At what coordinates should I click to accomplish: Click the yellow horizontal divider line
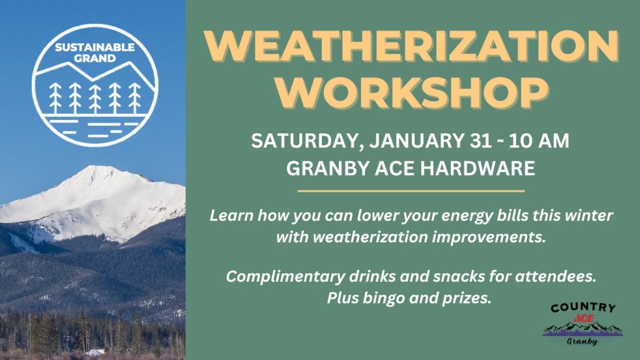[411, 191]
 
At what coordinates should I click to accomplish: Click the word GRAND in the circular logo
[94, 59]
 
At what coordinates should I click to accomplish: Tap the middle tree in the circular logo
[95, 98]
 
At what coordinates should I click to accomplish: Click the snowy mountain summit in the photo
[94, 170]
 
